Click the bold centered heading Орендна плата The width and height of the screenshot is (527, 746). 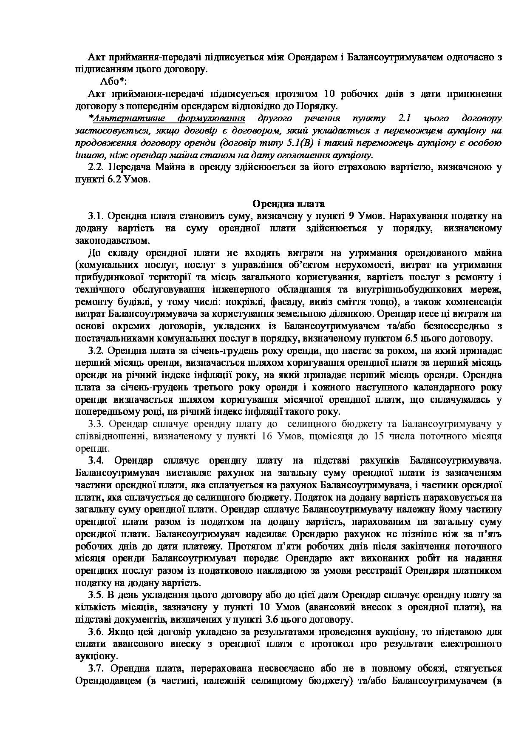coord(289,204)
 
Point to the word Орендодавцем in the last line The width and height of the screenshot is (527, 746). coord(106,681)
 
